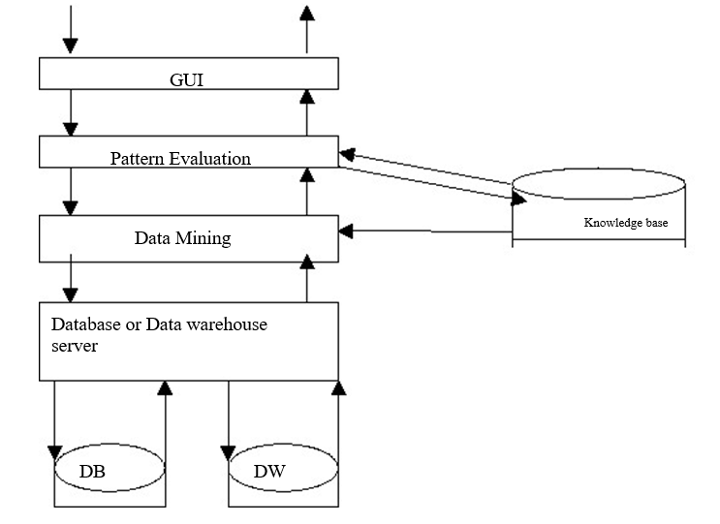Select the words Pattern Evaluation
tap(180, 157)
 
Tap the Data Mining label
tap(182, 237)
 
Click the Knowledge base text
tap(625, 223)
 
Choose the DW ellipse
tap(283, 472)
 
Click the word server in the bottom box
tap(75, 346)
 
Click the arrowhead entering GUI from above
tap(69, 46)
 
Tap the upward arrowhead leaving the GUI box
tap(306, 13)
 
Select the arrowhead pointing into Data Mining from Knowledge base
tap(346, 231)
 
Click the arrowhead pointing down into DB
tap(54, 450)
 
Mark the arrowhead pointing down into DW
tap(228, 450)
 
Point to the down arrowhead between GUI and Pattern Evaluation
tap(69, 128)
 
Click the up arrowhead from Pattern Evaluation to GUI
tap(306, 95)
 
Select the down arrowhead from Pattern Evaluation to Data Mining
tap(69, 206)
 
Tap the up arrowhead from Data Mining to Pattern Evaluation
tap(306, 174)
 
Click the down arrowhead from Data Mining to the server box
tap(69, 292)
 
